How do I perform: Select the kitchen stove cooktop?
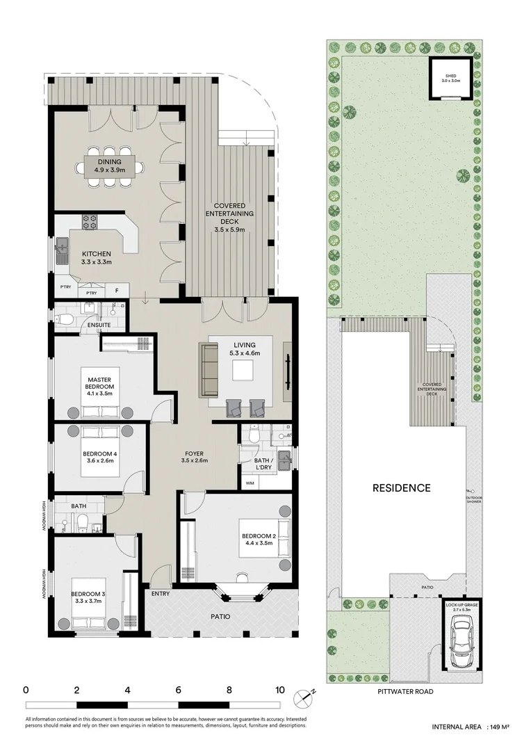[x=90, y=223]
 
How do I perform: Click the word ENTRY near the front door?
[x=161, y=594]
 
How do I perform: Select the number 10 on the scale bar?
[x=279, y=690]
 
